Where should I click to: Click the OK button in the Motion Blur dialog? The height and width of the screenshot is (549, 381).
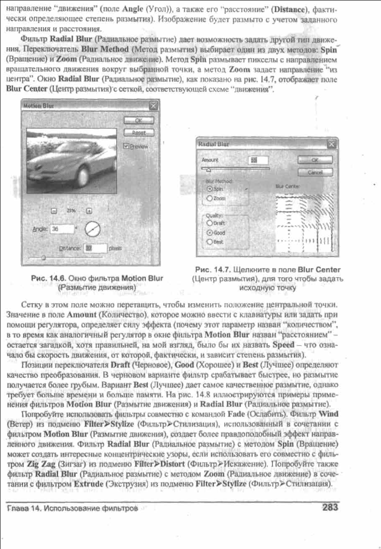click(137, 120)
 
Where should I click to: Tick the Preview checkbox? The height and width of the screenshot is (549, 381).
click(127, 146)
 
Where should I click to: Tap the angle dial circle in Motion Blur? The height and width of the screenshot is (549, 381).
click(92, 229)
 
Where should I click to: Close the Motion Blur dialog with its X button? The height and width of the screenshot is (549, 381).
click(153, 106)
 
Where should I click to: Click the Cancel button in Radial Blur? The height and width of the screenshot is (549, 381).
click(314, 172)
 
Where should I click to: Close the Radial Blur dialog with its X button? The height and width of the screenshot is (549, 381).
click(331, 144)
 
